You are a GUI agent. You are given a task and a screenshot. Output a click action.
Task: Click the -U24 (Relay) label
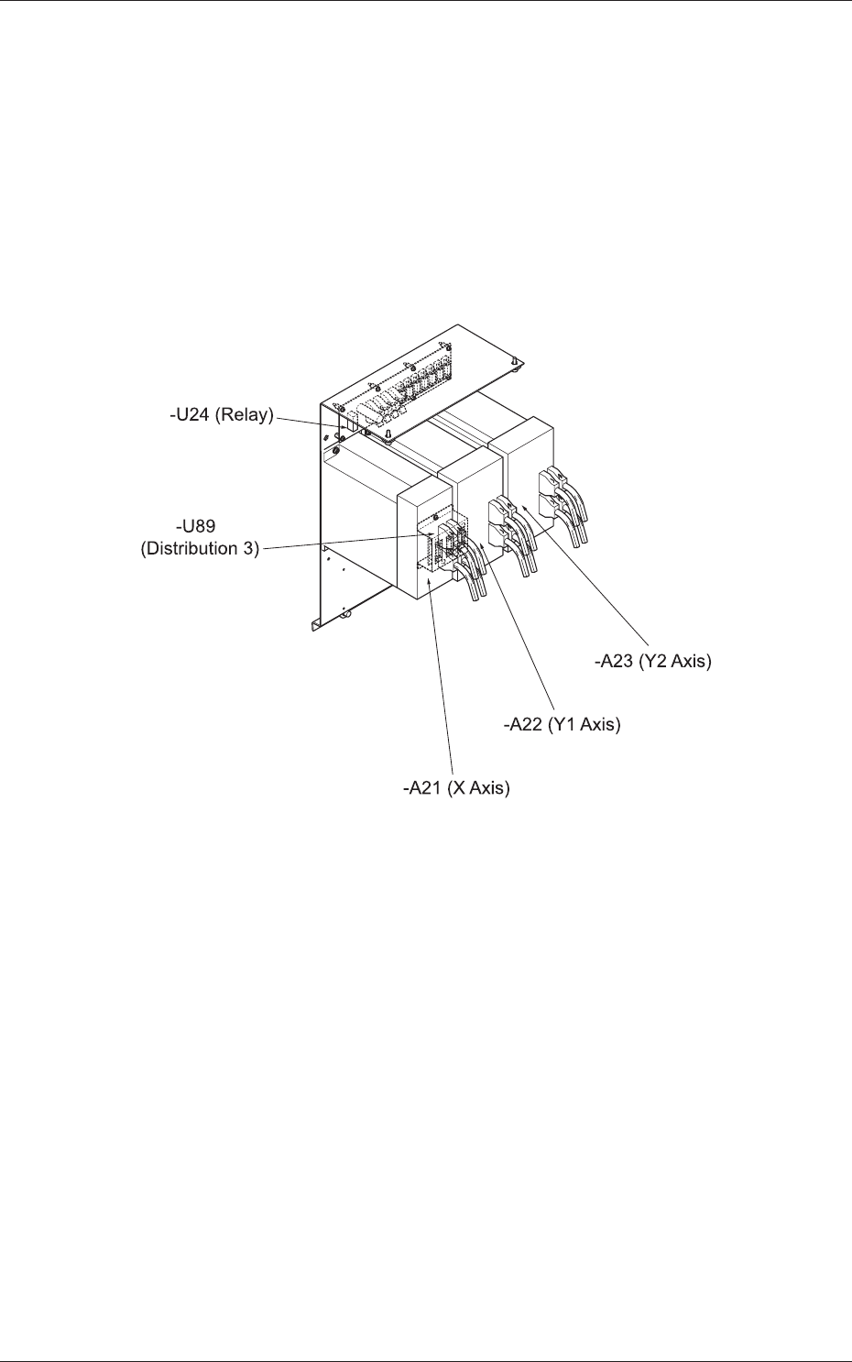point(222,414)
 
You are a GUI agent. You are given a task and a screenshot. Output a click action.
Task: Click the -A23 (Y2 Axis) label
point(652,660)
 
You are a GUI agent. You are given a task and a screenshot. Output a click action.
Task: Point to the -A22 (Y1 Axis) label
point(562,724)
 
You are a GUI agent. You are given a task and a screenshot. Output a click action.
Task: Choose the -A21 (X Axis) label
point(456,787)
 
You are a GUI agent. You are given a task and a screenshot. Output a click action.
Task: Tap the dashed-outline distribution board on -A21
point(443,541)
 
